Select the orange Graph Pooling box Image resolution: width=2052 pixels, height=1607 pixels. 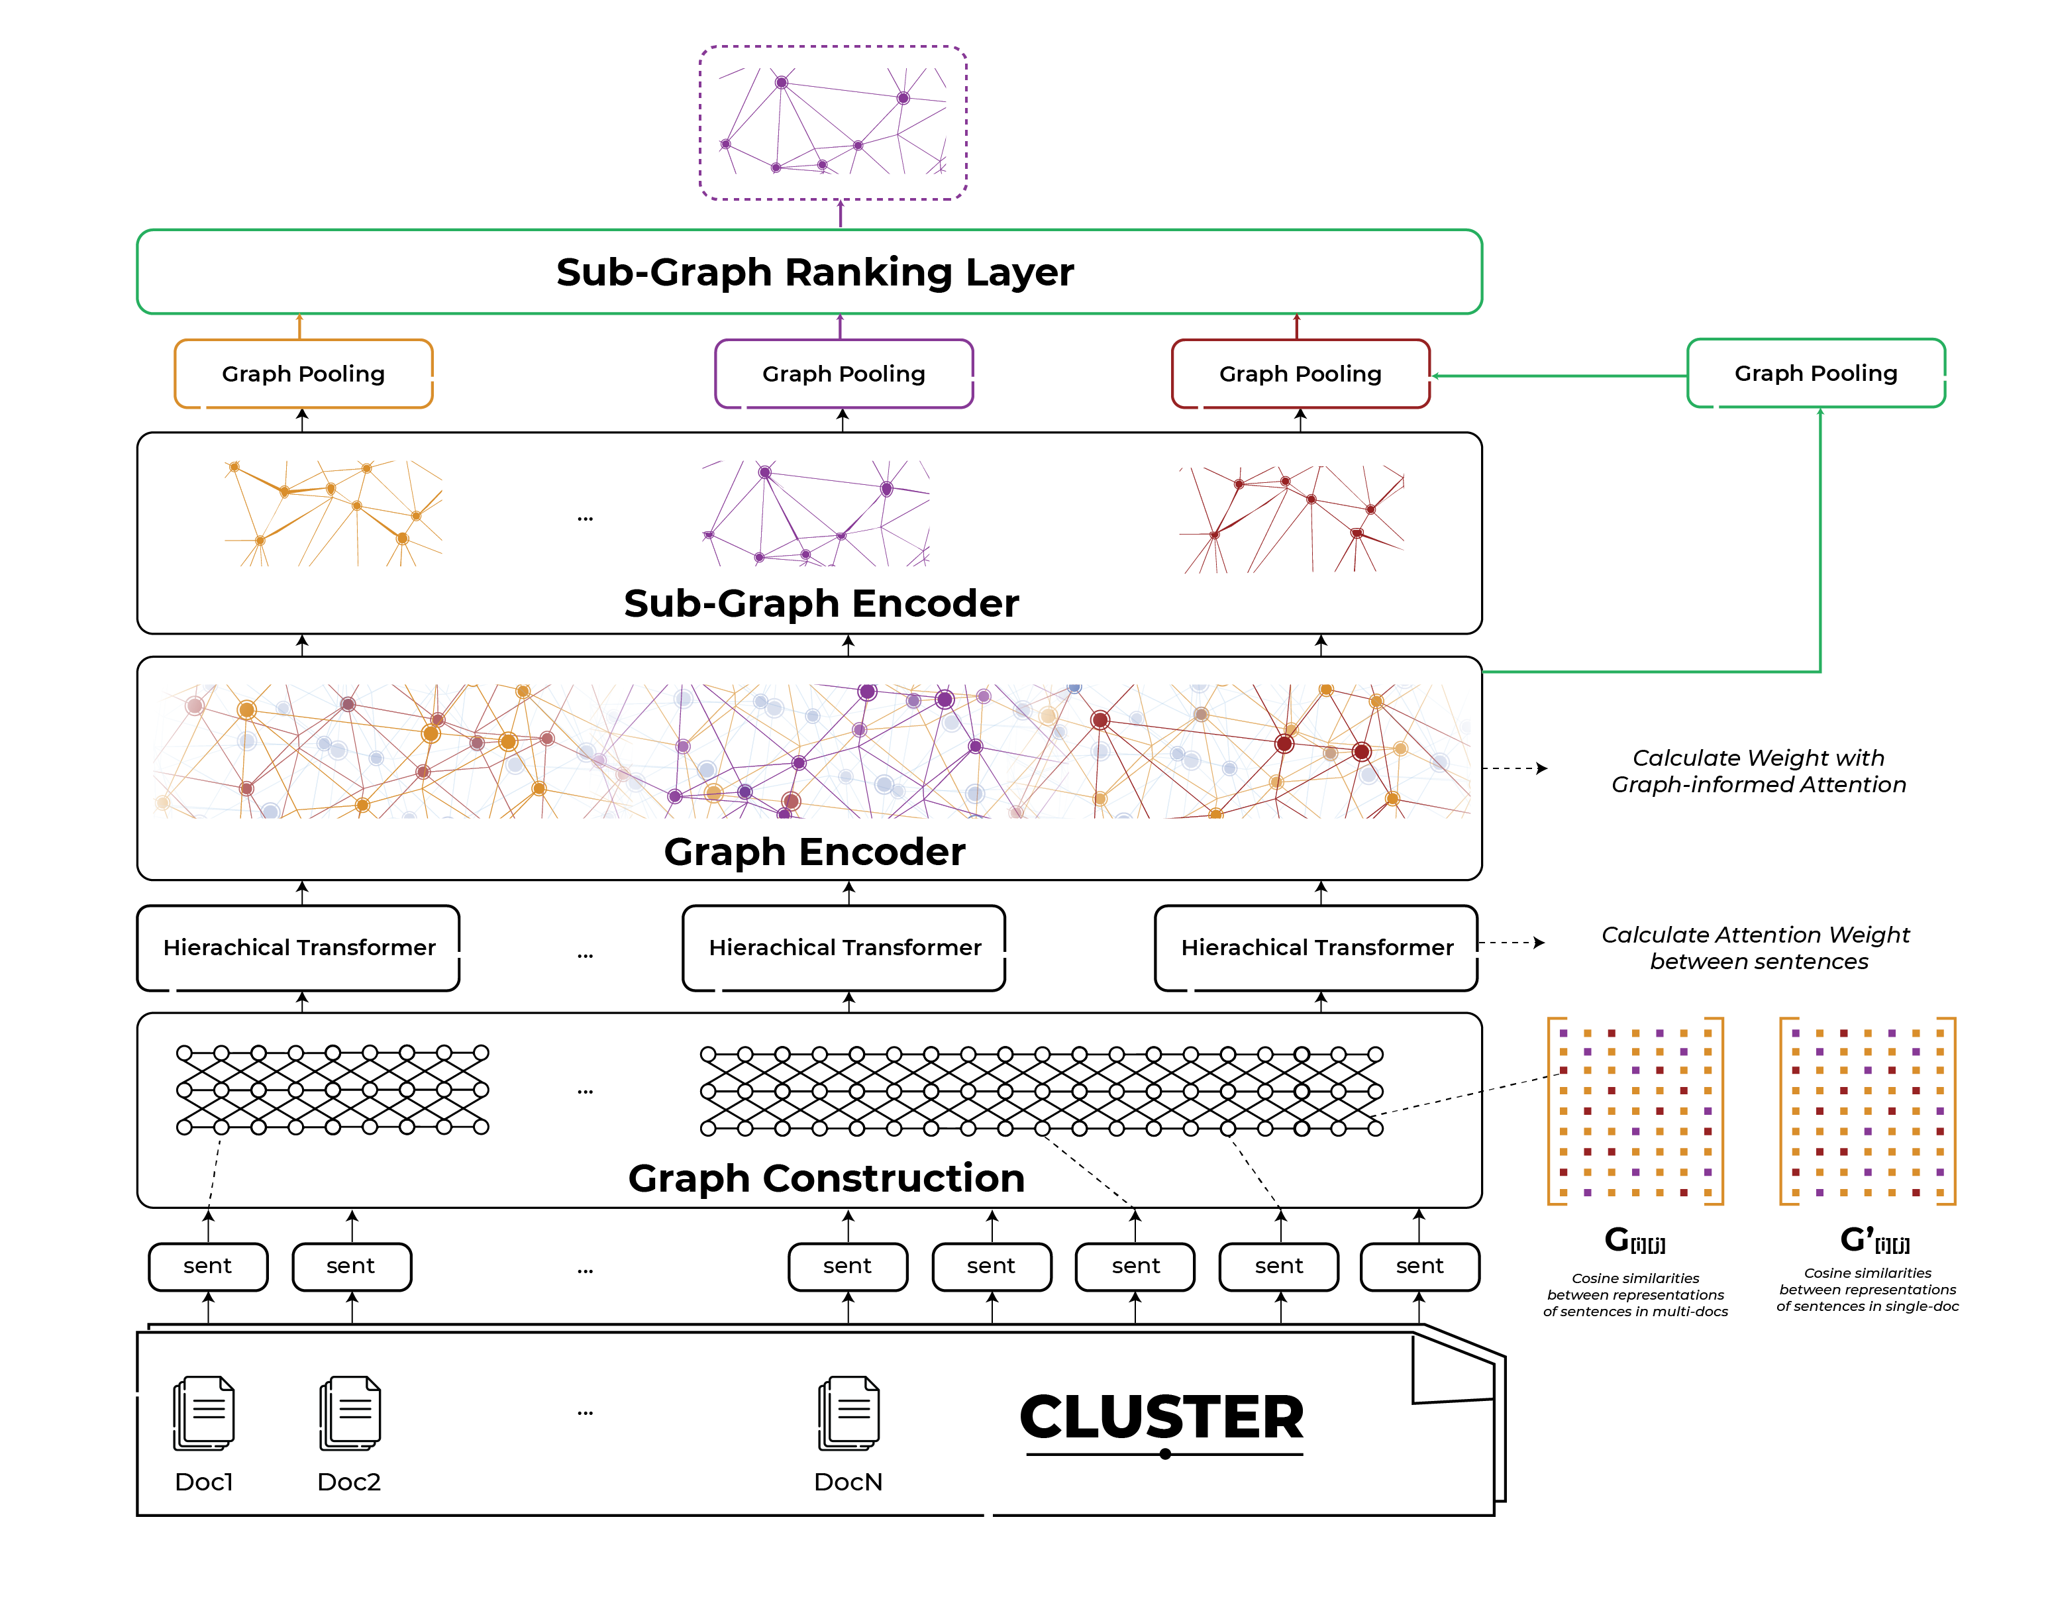(x=303, y=374)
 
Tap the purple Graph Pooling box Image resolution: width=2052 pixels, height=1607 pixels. (x=843, y=374)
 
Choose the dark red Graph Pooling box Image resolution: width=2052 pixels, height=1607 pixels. (x=1300, y=374)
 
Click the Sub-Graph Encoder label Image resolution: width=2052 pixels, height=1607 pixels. (x=821, y=603)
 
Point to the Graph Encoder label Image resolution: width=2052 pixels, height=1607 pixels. (x=814, y=851)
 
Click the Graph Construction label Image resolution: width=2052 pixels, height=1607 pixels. (x=826, y=1178)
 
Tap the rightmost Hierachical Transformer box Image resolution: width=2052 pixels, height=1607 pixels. (x=1316, y=947)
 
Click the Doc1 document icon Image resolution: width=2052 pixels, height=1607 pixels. (x=204, y=1413)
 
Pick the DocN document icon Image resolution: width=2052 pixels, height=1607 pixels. (x=848, y=1413)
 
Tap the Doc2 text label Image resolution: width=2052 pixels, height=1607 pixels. (x=349, y=1482)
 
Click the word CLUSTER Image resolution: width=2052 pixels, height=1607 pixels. (x=1162, y=1417)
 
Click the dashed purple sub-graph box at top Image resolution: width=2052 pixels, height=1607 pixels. (x=833, y=123)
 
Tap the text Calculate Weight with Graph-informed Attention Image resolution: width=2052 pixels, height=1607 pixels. (x=1757, y=770)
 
